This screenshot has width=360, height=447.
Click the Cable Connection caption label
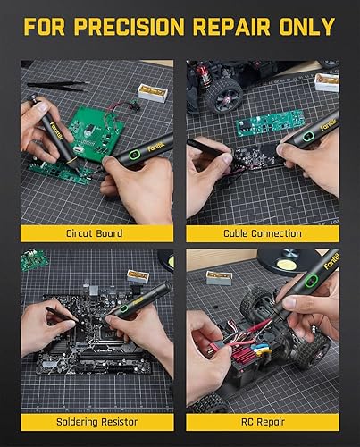click(263, 233)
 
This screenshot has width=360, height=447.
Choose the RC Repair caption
click(263, 420)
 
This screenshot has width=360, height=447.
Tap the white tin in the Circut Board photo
click(153, 91)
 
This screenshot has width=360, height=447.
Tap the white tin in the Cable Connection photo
click(327, 82)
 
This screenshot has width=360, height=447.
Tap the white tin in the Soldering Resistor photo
click(138, 275)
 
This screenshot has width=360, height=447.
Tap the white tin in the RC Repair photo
click(219, 276)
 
